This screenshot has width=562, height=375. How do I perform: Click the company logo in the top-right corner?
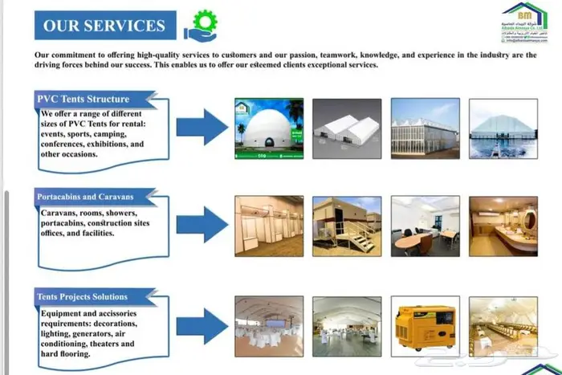pos(525,22)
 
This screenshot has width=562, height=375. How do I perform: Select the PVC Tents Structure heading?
pos(83,99)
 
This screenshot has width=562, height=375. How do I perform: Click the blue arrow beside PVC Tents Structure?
pos(202,127)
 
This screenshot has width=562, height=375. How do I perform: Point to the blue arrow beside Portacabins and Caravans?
pos(202,224)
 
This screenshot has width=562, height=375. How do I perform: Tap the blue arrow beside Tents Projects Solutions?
pos(202,325)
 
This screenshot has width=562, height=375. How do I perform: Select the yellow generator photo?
pos(425,326)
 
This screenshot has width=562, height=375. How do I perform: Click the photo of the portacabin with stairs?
pos(347,225)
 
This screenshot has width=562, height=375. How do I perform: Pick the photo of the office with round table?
pos(425,225)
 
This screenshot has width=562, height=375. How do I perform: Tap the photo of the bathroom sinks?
pos(503,225)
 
